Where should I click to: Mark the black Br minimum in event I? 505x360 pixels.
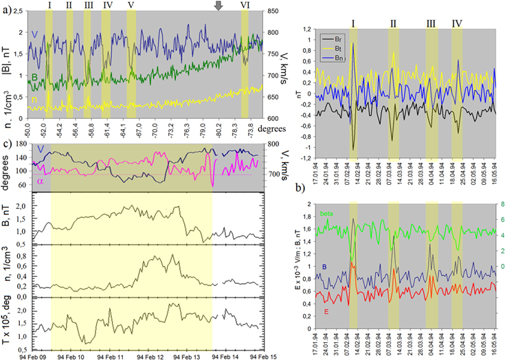coord(353,149)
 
